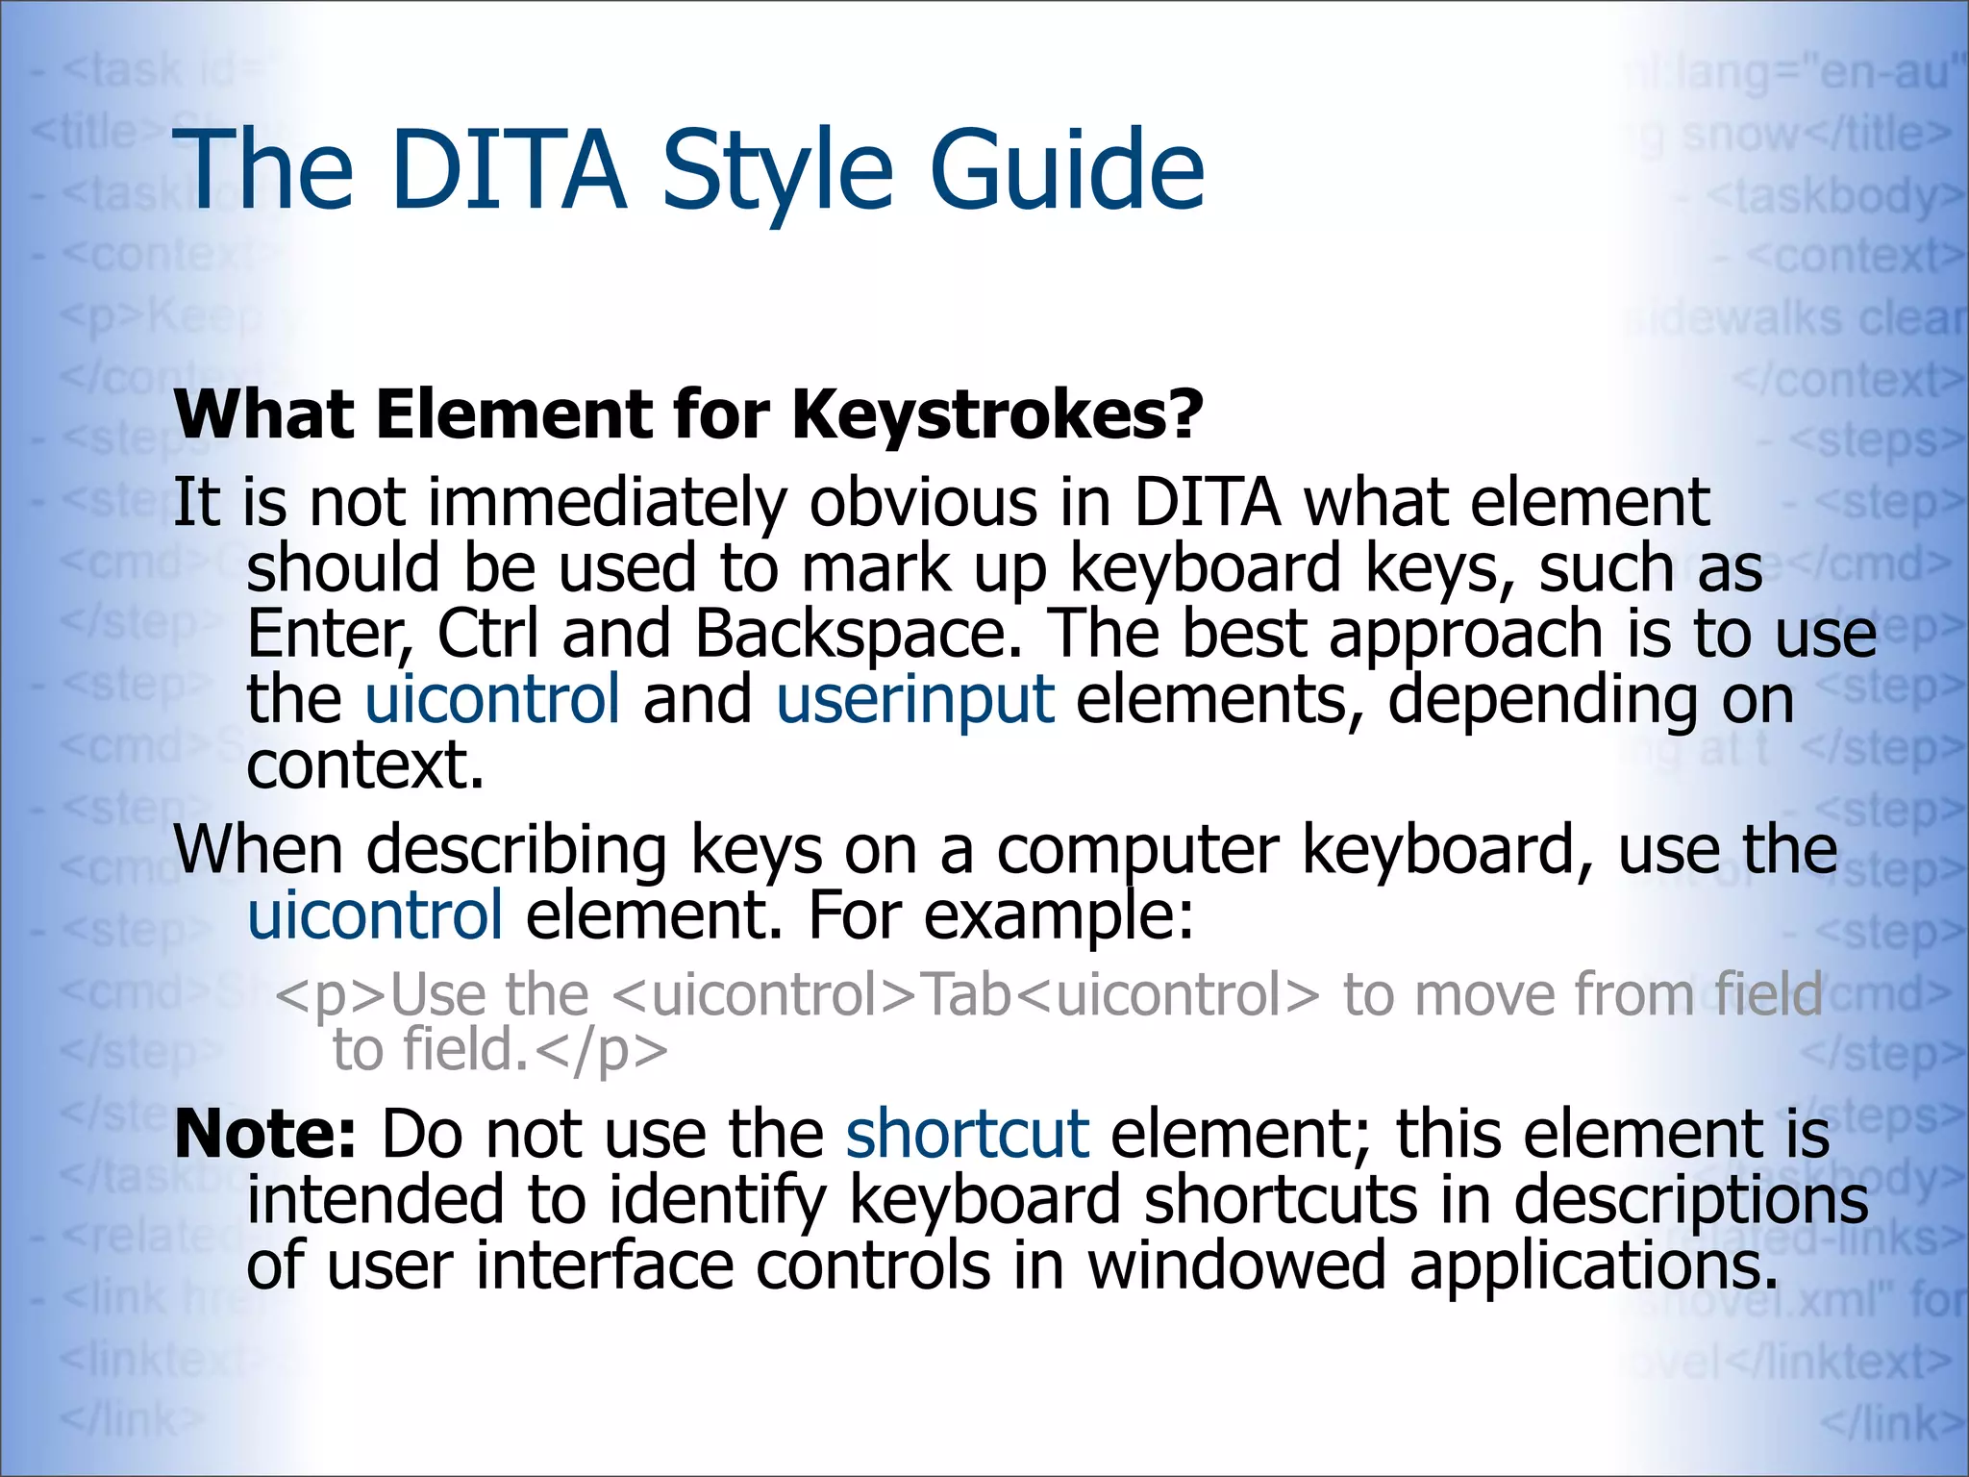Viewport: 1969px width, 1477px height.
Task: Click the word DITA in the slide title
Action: click(x=509, y=170)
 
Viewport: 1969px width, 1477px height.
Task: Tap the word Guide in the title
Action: click(x=1066, y=170)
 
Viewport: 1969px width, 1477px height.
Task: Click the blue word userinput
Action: click(x=915, y=699)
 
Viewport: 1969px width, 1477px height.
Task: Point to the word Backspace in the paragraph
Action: click(x=858, y=634)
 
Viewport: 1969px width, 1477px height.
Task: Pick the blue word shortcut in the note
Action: click(x=967, y=1134)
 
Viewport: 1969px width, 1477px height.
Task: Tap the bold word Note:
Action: click(x=265, y=1134)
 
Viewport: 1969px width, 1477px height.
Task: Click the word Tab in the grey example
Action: click(x=966, y=994)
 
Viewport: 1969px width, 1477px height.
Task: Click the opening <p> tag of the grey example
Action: click(x=332, y=994)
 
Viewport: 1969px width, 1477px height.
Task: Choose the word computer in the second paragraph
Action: click(x=1137, y=850)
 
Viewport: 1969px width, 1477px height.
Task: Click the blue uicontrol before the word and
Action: click(x=492, y=699)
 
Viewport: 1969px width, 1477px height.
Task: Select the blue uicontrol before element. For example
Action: click(x=375, y=915)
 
